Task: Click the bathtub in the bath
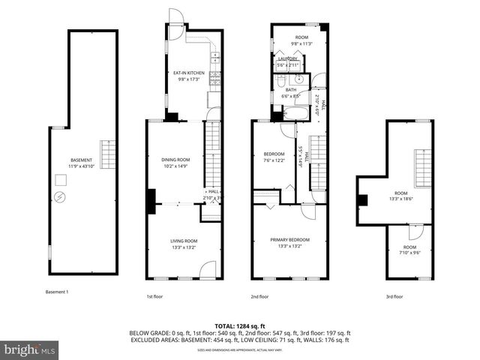point(292,114)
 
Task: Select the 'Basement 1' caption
point(57,291)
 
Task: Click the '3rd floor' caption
point(394,297)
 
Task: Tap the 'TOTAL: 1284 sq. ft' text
point(239,325)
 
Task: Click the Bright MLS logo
point(30,349)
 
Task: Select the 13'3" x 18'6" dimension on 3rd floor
point(401,199)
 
